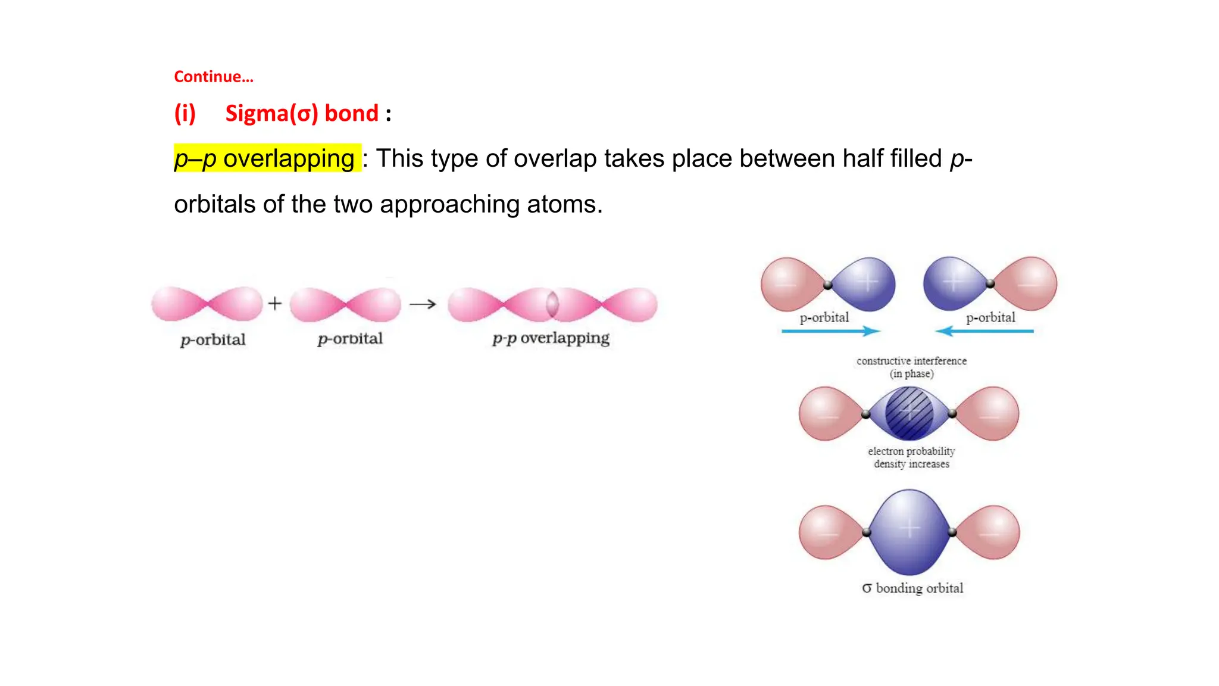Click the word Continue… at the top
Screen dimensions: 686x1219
click(x=213, y=77)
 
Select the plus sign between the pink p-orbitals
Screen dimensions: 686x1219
click(x=274, y=304)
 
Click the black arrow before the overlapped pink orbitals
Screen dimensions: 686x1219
click(x=423, y=304)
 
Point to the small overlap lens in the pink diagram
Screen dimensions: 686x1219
click(x=552, y=304)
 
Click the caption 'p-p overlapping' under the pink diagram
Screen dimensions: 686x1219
click(x=551, y=338)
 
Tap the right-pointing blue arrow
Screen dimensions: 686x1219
click(x=830, y=331)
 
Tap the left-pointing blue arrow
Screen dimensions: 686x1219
click(x=984, y=331)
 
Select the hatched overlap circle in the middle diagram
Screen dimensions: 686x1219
click(x=909, y=413)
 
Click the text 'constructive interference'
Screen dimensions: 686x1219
click(x=911, y=361)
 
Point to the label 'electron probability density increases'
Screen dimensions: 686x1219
click(x=911, y=457)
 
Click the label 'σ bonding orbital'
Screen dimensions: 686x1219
click(x=912, y=588)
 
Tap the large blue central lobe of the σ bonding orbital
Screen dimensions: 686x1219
click(x=909, y=531)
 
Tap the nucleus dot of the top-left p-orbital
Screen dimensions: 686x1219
click(x=827, y=285)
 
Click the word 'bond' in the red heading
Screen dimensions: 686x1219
click(x=351, y=113)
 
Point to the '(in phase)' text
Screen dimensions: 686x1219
click(x=911, y=374)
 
